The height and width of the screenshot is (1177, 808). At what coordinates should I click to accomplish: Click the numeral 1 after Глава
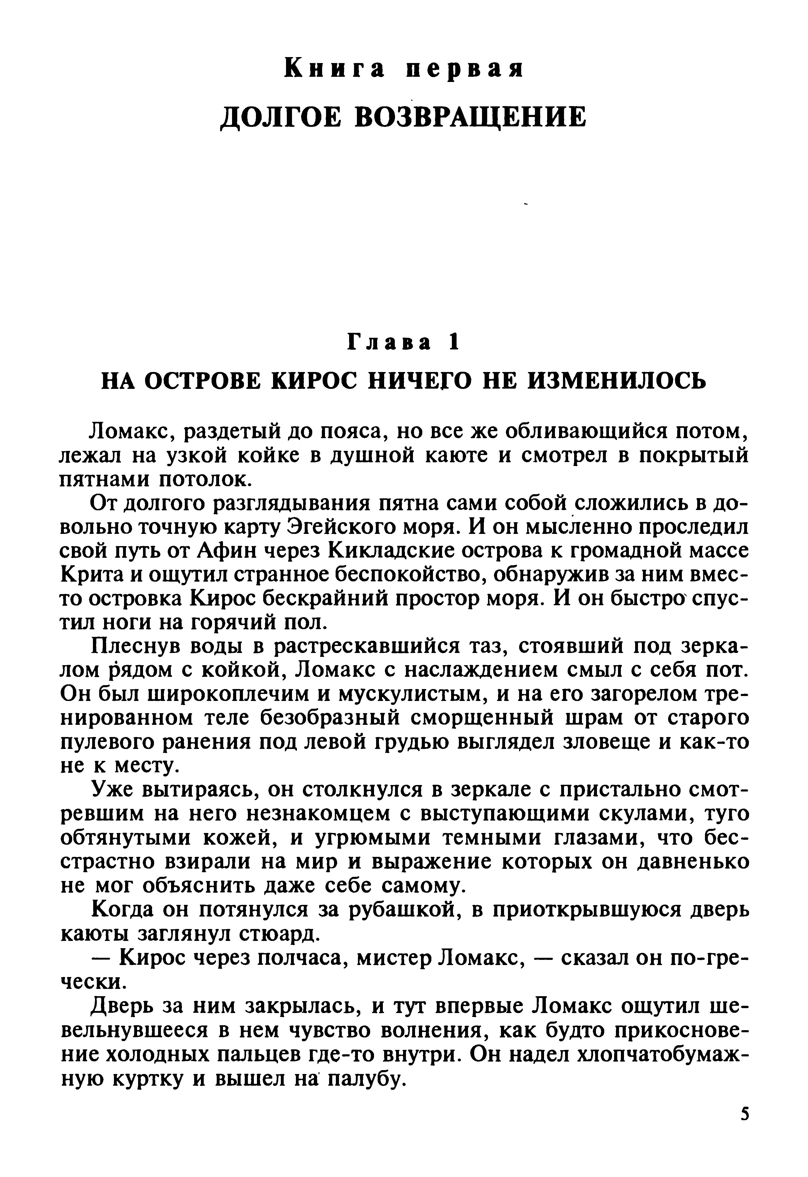pos(453,343)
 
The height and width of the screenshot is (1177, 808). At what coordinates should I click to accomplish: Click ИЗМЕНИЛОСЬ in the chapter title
pos(617,380)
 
